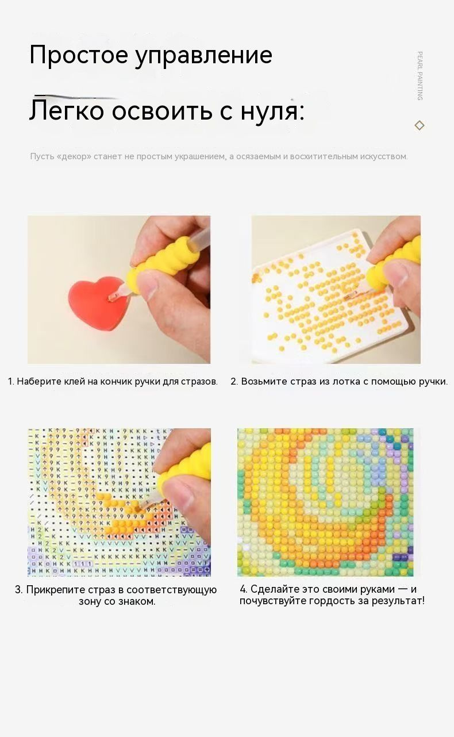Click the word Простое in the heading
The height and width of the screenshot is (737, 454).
pyautogui.click(x=79, y=54)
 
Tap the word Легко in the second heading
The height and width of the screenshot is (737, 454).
pyautogui.click(x=67, y=110)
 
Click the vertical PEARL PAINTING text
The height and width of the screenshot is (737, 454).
pyautogui.click(x=420, y=76)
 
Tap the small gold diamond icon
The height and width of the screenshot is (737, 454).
pyautogui.click(x=420, y=125)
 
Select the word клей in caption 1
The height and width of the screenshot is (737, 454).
pyautogui.click(x=81, y=381)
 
